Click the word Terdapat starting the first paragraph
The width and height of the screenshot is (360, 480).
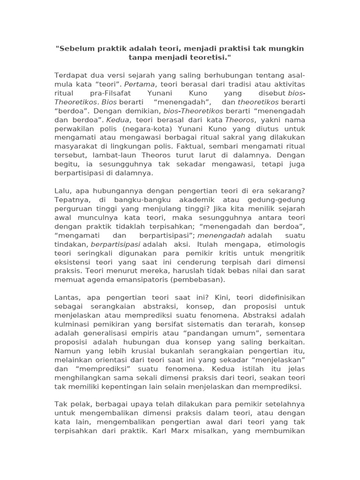coord(71,75)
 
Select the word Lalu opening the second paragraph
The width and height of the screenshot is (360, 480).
coord(63,191)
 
